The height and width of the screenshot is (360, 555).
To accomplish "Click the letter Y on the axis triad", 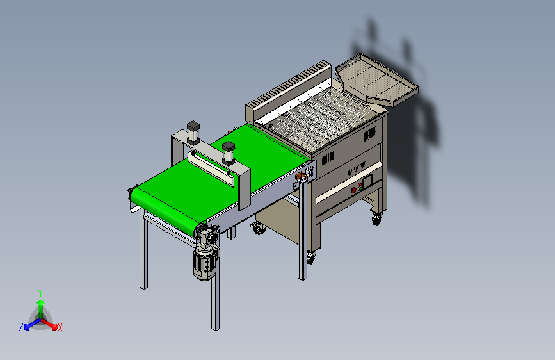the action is pos(40,293).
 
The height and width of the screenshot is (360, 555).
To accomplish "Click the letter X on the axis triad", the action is pos(60,327).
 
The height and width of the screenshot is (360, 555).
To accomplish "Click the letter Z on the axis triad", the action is pos(21,327).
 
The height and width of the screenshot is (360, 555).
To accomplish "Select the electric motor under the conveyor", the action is pos(205,262).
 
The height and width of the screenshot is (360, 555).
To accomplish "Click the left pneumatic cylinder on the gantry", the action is pos(193,133).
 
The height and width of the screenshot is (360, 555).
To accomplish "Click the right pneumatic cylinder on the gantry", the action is pos(229,153).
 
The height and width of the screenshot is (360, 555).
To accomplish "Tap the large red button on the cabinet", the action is pos(353,190).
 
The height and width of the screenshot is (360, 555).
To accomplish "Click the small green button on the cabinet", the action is pos(360,189).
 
